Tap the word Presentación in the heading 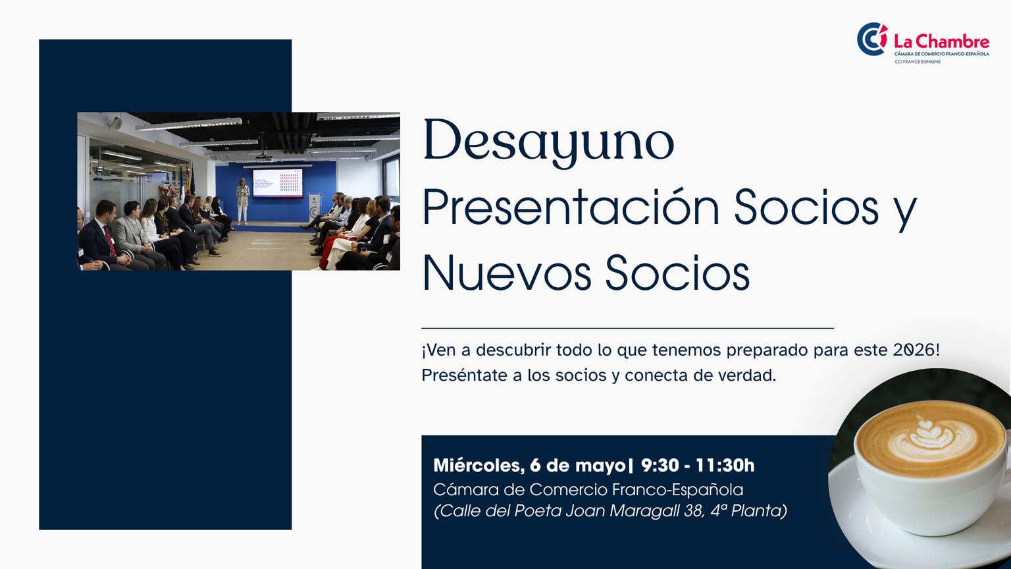571,207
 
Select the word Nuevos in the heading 506,273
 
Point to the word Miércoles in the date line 479,466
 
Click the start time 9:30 660,466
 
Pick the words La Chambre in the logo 941,41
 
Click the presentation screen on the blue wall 278,183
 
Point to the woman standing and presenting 242,201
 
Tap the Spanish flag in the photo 188,180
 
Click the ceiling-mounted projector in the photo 264,157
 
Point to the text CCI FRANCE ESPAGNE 918,62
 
